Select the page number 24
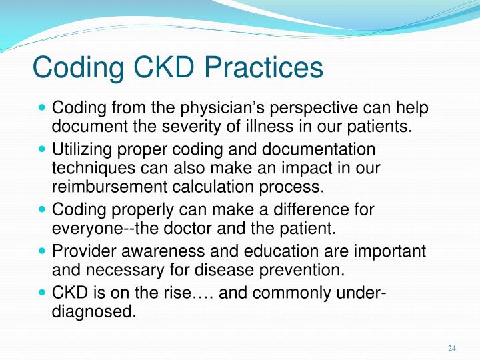pos(451,348)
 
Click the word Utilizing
pos(84,150)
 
